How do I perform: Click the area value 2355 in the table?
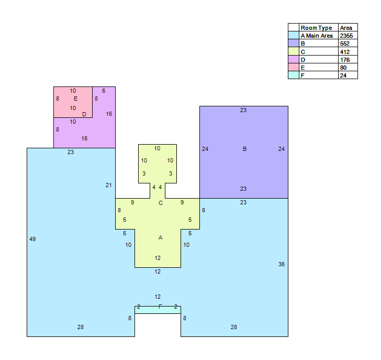(346, 36)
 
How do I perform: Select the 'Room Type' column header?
(316, 28)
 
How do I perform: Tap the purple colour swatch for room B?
(293, 43)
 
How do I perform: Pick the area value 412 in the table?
(345, 52)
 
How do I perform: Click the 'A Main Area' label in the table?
(317, 36)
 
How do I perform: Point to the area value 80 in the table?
(343, 68)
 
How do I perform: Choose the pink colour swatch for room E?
(293, 67)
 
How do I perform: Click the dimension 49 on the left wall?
(32, 239)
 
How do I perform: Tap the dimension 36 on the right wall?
(282, 264)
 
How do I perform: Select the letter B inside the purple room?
(245, 149)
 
